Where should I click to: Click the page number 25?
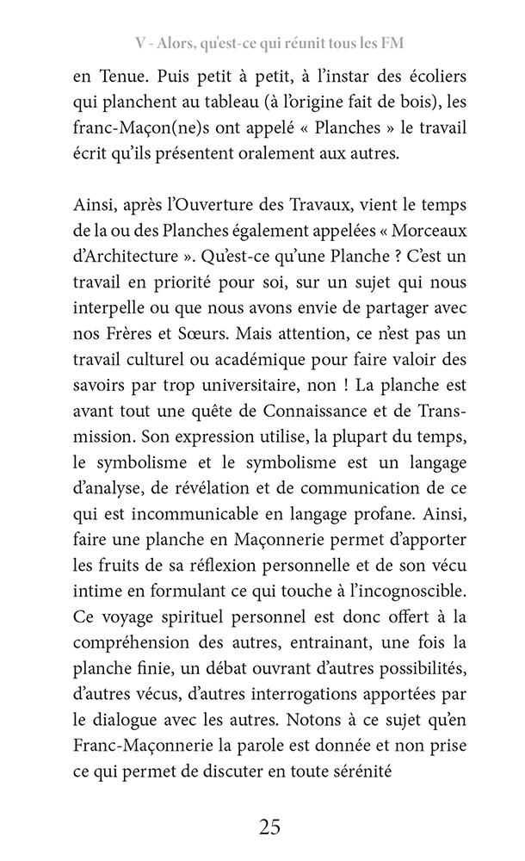tap(269, 827)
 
